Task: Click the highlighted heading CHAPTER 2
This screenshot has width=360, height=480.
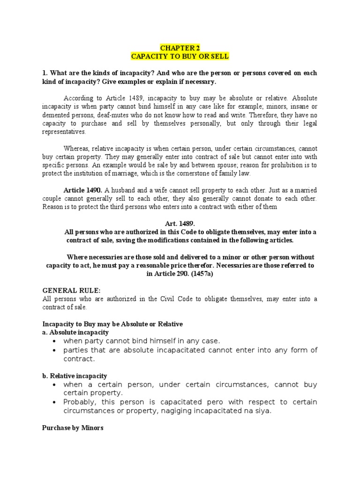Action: (x=180, y=47)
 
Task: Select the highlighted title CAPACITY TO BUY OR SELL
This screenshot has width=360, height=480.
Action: (x=180, y=56)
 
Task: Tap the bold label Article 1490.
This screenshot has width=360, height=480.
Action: (x=83, y=190)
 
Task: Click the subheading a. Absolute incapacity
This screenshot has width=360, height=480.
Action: (x=69, y=332)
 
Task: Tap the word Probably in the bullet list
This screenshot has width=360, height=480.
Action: (x=80, y=402)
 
